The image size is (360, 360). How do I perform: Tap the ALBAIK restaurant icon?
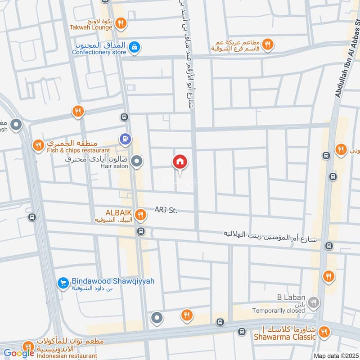(x=141, y=215)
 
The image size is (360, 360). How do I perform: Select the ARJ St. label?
(x=166, y=209)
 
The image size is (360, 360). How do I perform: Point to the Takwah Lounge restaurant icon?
(x=120, y=22)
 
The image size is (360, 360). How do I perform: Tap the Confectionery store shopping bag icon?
(x=134, y=46)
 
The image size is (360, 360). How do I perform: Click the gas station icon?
(x=126, y=139)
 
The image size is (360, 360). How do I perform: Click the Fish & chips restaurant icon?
(x=38, y=145)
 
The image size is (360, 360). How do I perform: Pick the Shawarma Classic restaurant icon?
(x=323, y=333)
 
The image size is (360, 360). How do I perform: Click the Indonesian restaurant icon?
(x=28, y=346)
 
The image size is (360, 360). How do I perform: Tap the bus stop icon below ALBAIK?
(x=141, y=231)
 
